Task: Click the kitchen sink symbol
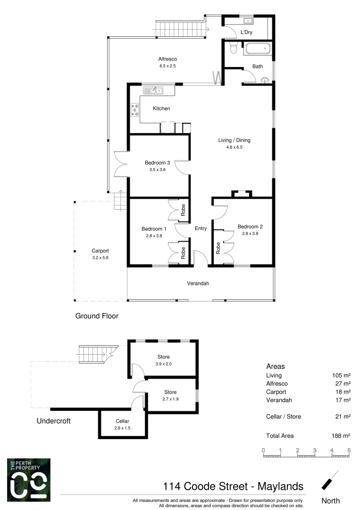(x=153, y=90)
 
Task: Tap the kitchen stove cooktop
(x=134, y=110)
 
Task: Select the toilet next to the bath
(x=232, y=48)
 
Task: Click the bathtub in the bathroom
(x=257, y=49)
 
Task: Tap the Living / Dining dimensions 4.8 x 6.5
(x=234, y=147)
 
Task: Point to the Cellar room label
(x=122, y=421)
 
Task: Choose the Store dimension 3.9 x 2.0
(x=163, y=364)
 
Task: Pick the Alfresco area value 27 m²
(x=342, y=384)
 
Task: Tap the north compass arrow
(x=330, y=480)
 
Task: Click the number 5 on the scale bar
(x=349, y=450)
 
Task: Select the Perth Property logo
(x=29, y=479)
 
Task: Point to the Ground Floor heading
(x=97, y=316)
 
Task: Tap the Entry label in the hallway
(x=201, y=229)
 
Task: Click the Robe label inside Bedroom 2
(x=218, y=248)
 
